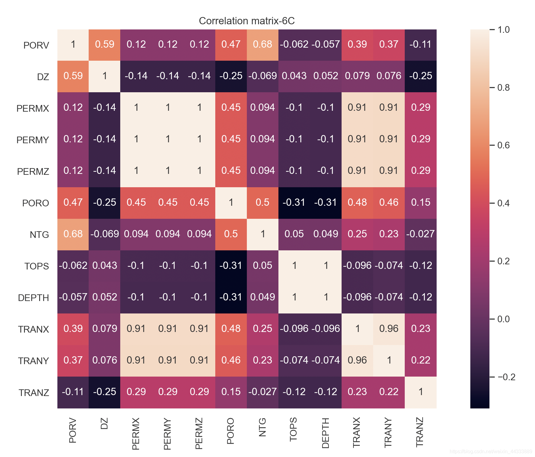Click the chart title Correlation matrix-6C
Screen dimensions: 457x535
[x=247, y=21]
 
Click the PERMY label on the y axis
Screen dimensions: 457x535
[x=33, y=140]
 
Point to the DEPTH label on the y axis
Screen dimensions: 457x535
[x=33, y=298]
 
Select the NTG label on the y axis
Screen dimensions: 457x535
[x=39, y=235]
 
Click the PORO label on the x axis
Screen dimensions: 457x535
[x=231, y=431]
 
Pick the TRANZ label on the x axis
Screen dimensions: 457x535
[x=420, y=432]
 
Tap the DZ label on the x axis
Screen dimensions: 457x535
[x=104, y=423]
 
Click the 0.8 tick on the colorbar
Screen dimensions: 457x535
[x=503, y=88]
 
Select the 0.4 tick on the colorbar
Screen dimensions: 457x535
[x=503, y=203]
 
